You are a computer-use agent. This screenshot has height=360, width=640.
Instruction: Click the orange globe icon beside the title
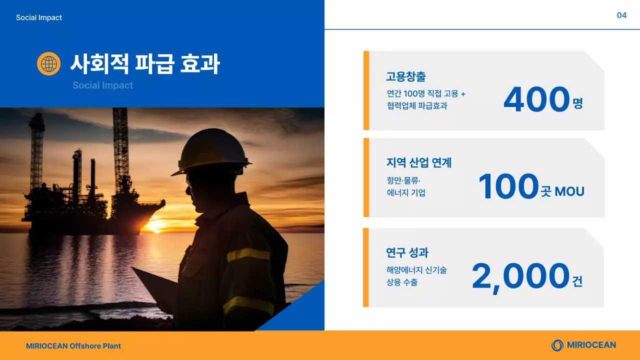(48, 64)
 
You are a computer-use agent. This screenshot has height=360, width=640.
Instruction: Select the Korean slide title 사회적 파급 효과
(144, 64)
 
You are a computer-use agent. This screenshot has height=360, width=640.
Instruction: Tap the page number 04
(621, 15)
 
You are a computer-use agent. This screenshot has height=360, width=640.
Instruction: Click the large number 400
(536, 99)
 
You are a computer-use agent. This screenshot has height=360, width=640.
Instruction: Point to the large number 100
(508, 186)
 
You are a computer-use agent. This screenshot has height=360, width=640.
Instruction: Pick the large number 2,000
(520, 276)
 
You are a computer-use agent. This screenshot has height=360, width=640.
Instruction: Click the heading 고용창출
(405, 77)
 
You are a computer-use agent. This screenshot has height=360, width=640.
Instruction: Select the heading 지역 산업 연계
(419, 162)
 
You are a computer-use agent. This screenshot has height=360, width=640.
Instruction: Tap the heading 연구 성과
(407, 252)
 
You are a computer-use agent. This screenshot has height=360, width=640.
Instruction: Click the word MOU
(569, 191)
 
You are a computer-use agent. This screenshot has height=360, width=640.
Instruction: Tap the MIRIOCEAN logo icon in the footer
(557, 345)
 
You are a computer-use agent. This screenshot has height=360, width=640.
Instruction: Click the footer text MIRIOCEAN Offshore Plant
(73, 346)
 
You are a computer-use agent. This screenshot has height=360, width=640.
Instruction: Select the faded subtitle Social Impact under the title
(102, 85)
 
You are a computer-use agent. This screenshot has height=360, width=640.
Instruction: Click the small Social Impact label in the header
(39, 17)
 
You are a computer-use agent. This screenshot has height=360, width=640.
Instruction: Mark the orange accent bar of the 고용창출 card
(366, 90)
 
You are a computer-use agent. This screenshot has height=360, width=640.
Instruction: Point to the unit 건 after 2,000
(577, 281)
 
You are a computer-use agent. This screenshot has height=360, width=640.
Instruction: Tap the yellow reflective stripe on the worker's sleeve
(248, 254)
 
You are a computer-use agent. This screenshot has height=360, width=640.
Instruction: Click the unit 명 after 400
(578, 104)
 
